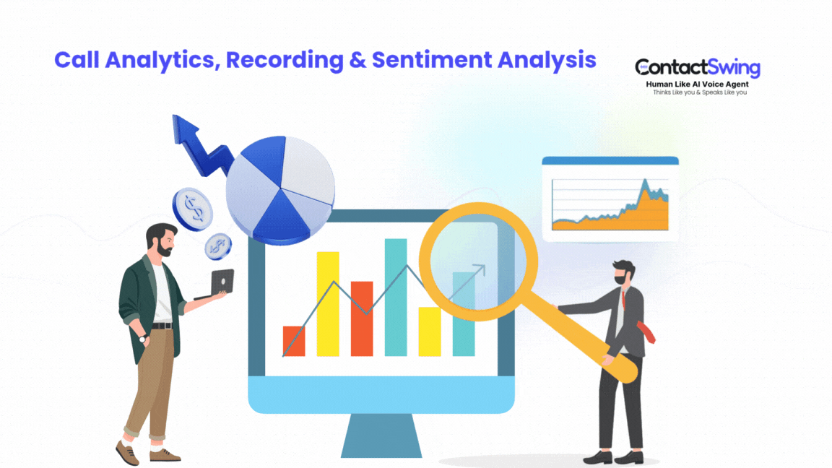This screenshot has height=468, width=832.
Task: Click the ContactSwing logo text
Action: pyautogui.click(x=698, y=69)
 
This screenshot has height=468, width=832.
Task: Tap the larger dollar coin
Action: pyautogui.click(x=193, y=209)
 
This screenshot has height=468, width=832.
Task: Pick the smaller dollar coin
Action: pyautogui.click(x=217, y=246)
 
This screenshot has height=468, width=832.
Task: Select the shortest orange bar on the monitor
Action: pyautogui.click(x=294, y=341)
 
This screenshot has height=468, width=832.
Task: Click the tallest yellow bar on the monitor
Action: pyautogui.click(x=328, y=303)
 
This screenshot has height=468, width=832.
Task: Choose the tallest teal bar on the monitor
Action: pyautogui.click(x=396, y=297)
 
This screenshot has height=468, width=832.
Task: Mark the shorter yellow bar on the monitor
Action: pyautogui.click(x=430, y=331)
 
